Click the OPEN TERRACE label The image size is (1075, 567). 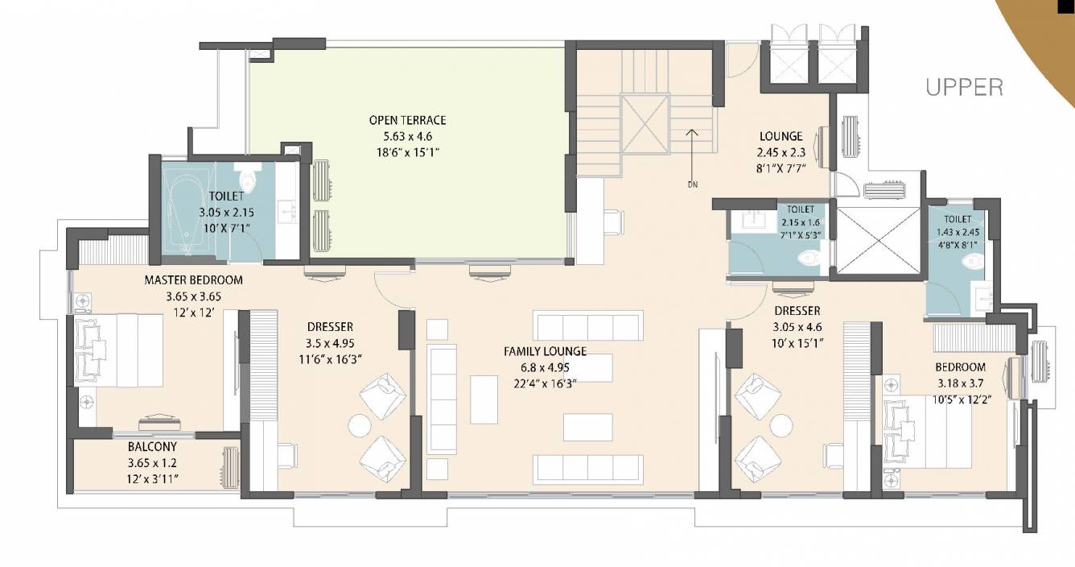click(407, 120)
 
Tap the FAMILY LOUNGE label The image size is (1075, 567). click(546, 352)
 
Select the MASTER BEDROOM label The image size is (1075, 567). click(193, 279)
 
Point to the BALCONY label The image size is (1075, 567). click(152, 447)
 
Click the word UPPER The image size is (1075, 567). click(964, 88)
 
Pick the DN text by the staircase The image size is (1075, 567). click(693, 184)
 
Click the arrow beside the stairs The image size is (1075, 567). click(691, 153)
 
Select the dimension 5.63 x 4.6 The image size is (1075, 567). click(407, 136)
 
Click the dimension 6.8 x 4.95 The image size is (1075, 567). click(546, 368)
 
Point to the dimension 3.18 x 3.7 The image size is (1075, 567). click(960, 383)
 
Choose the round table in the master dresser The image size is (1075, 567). click(360, 425)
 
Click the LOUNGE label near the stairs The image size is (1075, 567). click(781, 136)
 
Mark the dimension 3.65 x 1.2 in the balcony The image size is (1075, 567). click(152, 463)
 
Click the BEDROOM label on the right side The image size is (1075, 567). click(960, 367)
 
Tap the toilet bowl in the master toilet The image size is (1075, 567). click(248, 177)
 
